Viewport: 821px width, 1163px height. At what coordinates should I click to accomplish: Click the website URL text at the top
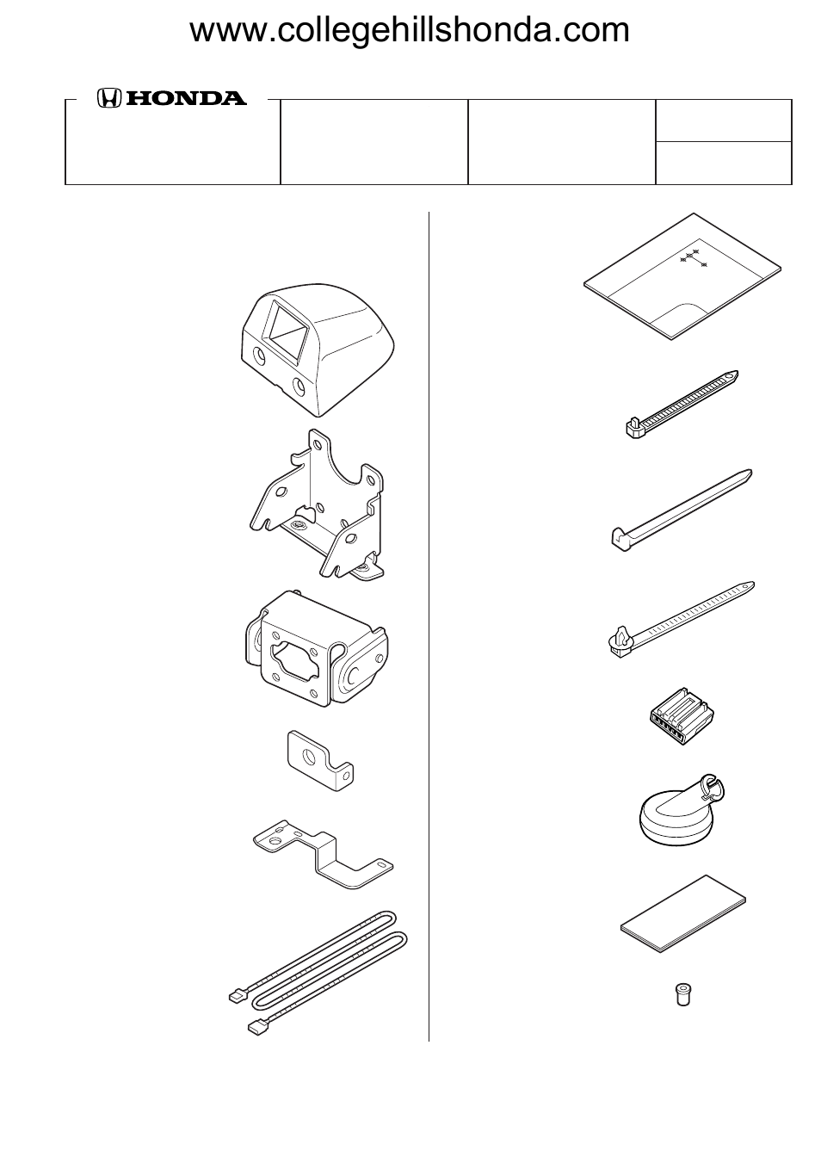[410, 31]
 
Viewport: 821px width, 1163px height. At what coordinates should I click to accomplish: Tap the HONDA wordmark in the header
[186, 99]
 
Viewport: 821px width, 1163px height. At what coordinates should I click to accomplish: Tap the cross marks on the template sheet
[693, 257]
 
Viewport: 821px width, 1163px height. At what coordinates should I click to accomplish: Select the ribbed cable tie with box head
[680, 403]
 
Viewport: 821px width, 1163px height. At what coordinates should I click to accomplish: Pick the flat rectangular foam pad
[684, 913]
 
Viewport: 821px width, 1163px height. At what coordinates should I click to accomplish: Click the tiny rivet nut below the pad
[681, 994]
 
